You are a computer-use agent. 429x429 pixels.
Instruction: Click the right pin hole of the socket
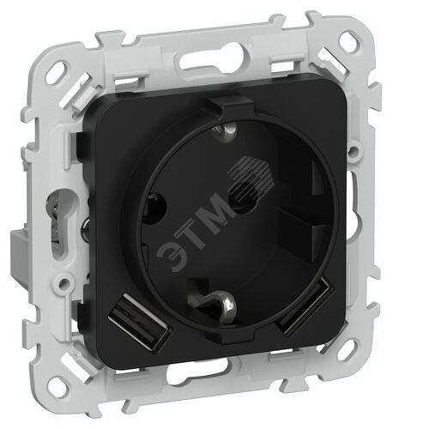coord(244,197)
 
